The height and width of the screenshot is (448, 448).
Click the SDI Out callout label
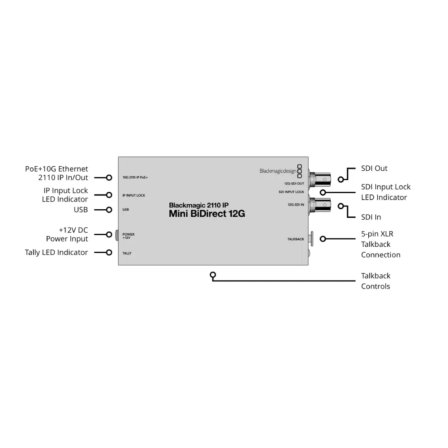374,168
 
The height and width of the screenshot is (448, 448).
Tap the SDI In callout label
371,217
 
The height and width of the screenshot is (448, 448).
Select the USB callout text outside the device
81,210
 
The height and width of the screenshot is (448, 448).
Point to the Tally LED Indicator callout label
56,253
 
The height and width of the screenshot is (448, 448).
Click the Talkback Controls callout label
375,281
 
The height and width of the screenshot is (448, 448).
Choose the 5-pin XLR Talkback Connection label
380,244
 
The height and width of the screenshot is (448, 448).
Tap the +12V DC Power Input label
67,234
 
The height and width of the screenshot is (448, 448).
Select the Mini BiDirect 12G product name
207,214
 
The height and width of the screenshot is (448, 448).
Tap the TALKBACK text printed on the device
296,239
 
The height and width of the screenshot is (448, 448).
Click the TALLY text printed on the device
127,253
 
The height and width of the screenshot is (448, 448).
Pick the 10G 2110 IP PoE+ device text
135,178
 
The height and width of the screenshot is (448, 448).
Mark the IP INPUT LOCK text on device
134,195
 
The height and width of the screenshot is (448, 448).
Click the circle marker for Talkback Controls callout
213,275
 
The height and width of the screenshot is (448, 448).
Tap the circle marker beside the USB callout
109,210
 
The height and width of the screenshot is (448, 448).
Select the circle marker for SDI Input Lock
322,192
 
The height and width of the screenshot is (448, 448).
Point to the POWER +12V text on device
128,236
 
